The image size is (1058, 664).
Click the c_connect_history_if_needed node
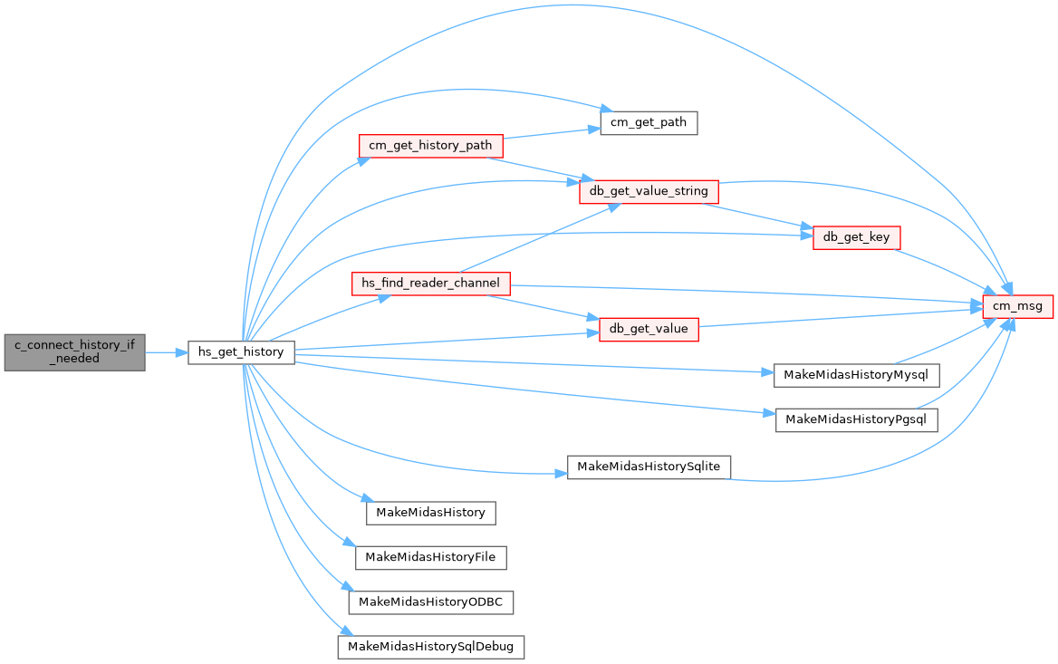(x=74, y=351)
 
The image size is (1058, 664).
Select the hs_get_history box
(x=241, y=351)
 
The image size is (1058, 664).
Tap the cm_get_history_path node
(x=430, y=146)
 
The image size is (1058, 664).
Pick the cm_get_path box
(x=649, y=122)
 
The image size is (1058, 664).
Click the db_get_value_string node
(x=649, y=192)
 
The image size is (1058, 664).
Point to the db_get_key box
(x=856, y=238)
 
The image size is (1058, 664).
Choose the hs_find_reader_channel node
(x=430, y=284)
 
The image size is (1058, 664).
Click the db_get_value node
(x=649, y=329)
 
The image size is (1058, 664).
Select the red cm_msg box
(x=1018, y=306)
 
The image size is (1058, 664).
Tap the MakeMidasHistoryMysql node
(x=856, y=375)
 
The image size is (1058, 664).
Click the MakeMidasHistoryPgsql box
(x=856, y=420)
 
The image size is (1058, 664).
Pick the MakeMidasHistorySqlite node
(x=649, y=467)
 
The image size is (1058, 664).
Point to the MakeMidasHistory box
(x=430, y=512)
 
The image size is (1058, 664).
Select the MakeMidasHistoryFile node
(x=430, y=557)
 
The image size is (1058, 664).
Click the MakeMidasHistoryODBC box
(x=430, y=602)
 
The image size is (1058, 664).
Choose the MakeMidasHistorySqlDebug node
(x=430, y=648)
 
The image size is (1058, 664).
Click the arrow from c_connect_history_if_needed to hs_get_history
(x=166, y=351)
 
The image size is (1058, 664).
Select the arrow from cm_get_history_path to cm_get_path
(x=551, y=133)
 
